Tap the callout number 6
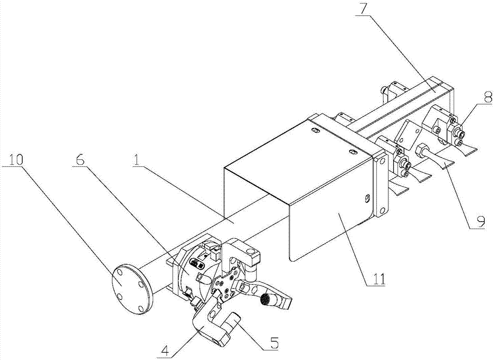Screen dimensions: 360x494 (82, 159)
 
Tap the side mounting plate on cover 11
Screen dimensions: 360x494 (381, 185)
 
